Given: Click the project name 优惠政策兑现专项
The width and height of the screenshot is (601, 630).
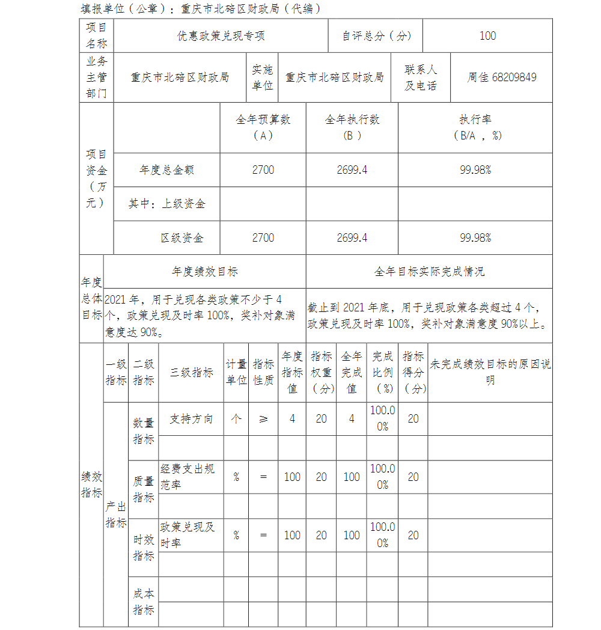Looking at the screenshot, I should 221,36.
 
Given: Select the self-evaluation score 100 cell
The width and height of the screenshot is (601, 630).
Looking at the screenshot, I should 487,36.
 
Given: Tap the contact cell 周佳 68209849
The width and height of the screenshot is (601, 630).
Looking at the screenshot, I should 501,78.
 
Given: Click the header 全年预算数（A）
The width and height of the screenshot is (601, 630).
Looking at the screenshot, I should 263,127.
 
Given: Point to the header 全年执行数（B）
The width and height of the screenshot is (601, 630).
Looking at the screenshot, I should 352,127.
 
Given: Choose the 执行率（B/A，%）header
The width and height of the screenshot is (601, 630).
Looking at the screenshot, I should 475,127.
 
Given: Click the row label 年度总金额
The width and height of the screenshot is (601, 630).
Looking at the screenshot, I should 166,170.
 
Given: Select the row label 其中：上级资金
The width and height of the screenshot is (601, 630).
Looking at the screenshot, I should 166,204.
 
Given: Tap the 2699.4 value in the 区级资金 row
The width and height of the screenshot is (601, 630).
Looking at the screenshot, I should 352,238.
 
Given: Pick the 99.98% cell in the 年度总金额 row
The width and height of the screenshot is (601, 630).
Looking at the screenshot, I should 475,170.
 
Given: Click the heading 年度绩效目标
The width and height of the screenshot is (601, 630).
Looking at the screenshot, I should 204,272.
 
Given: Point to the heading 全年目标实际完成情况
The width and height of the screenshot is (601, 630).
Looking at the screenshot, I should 429,272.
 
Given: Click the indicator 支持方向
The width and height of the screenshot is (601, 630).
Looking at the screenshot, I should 191,419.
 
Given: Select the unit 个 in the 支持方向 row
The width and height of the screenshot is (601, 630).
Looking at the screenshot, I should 236,419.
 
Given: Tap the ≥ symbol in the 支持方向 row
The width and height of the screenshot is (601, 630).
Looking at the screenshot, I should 263,419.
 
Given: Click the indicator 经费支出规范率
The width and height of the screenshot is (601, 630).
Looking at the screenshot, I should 187,477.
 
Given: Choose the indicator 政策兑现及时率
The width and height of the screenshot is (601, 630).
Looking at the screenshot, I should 187,535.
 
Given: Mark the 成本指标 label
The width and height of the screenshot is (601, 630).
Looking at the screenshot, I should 143,602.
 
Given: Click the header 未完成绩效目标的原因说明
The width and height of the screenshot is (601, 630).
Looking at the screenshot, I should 490,372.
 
